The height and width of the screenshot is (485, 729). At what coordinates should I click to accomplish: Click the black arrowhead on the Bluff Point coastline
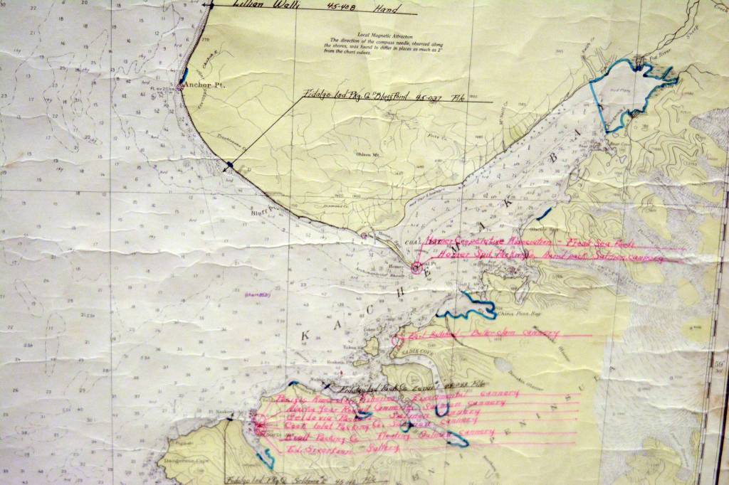point(229,166)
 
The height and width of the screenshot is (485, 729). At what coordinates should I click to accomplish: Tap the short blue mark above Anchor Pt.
point(184,73)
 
